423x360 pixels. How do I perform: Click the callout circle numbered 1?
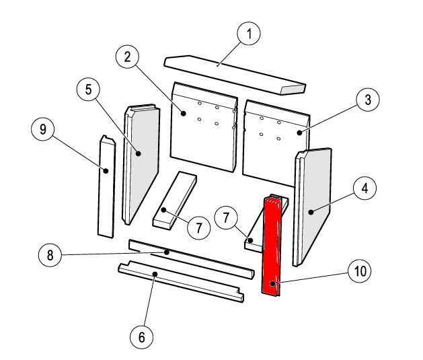(x=249, y=34)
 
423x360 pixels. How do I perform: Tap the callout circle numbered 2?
(x=127, y=57)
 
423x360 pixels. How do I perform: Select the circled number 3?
(x=368, y=100)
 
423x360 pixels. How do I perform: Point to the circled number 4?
(x=364, y=188)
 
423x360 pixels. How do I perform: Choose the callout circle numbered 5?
(x=88, y=89)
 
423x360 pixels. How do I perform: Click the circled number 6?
(x=142, y=337)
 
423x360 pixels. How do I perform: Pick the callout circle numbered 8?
(x=50, y=255)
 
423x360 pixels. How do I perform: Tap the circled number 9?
(x=43, y=129)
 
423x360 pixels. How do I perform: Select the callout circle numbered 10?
(x=360, y=271)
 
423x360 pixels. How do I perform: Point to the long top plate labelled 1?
(x=235, y=75)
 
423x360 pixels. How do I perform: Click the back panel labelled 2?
(x=204, y=127)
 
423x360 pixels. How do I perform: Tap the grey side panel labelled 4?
(x=312, y=207)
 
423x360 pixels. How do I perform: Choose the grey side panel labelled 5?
(x=141, y=164)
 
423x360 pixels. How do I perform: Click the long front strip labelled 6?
(x=181, y=281)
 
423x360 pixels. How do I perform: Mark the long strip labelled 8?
(x=192, y=259)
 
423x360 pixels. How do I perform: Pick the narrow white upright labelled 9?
(x=107, y=186)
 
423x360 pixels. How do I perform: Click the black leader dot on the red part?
(x=272, y=284)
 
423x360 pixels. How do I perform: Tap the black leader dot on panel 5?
(x=139, y=153)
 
